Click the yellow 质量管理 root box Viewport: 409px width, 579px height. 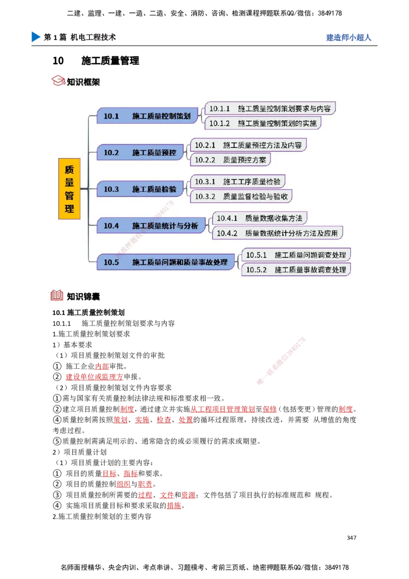(69, 189)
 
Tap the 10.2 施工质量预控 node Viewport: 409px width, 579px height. (140, 152)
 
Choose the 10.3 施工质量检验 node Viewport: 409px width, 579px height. (140, 189)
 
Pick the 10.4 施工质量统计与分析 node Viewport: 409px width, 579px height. (151, 226)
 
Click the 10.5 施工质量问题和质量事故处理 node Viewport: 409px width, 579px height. (166, 262)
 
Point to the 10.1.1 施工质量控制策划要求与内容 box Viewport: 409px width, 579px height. (270, 108)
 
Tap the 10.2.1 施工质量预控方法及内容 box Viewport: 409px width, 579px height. (248, 145)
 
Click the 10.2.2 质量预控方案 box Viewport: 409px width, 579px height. (230, 160)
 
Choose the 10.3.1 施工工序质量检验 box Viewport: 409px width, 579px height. (237, 182)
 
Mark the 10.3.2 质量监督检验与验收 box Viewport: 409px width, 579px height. (241, 196)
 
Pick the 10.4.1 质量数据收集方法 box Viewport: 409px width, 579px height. (259, 218)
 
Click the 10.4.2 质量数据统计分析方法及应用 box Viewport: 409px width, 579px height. (277, 233)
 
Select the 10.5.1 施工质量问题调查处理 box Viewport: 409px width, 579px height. (296, 255)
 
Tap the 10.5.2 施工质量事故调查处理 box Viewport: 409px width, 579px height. (296, 270)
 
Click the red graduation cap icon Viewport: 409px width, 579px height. (58, 80)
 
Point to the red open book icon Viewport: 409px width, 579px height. (57, 295)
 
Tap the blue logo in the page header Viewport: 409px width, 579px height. (35, 37)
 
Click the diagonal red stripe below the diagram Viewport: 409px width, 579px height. (282, 361)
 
